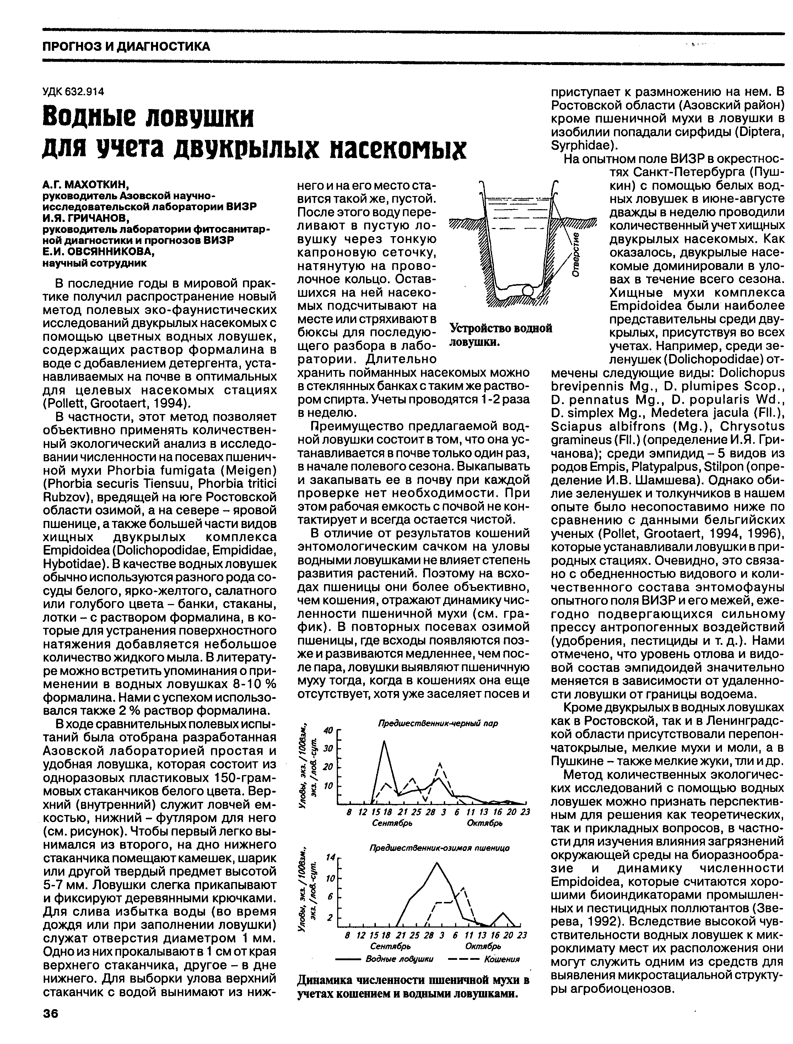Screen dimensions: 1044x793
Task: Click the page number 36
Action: click(50, 1014)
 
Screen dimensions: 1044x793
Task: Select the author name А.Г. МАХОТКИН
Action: click(86, 184)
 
